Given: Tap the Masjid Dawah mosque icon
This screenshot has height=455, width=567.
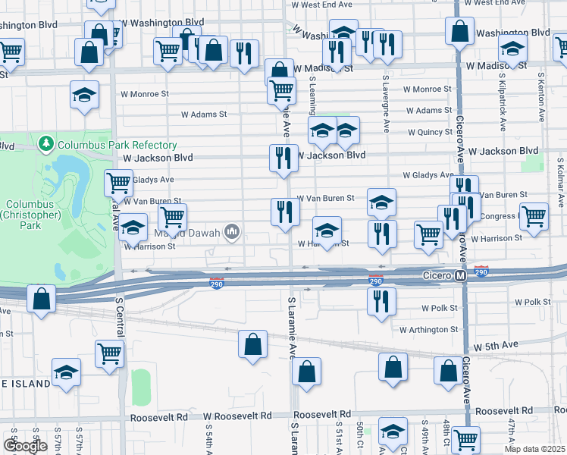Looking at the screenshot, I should pyautogui.click(x=233, y=231).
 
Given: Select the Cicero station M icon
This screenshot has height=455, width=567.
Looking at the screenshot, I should pyautogui.click(x=460, y=278).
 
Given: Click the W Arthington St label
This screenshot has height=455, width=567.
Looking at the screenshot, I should pyautogui.click(x=429, y=330).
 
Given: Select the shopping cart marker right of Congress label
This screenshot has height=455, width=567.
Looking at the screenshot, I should pyautogui.click(x=534, y=215).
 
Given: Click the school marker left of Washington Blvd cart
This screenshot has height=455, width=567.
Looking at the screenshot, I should pyautogui.click(x=512, y=49).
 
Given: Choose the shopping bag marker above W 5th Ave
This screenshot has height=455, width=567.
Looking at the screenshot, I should pyautogui.click(x=393, y=367).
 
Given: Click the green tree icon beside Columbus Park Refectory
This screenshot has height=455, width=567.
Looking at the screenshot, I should pyautogui.click(x=45, y=143).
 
